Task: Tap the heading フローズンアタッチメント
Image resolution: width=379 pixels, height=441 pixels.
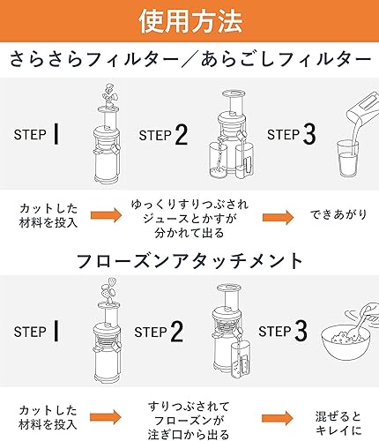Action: [x=189, y=262]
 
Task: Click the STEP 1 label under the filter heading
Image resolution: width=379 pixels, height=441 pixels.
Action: [x=37, y=134]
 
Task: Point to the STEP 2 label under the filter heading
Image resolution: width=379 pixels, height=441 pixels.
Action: [x=163, y=134]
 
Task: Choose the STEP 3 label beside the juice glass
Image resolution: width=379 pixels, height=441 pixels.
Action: [x=290, y=134]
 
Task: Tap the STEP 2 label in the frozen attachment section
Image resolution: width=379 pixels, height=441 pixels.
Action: [x=161, y=332]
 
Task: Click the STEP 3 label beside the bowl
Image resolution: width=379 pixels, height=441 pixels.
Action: [x=284, y=332]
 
